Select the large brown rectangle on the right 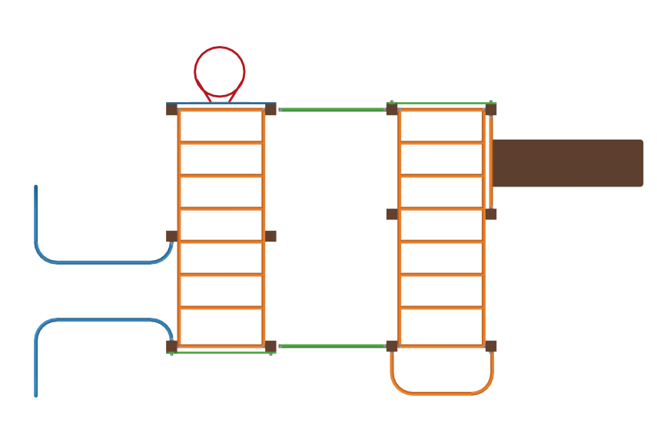(x=567, y=163)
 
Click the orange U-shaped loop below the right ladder (x=442, y=393)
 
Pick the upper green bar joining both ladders (x=333, y=110)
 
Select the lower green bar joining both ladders (x=333, y=346)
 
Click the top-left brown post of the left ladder (x=171, y=109)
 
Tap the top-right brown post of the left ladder (x=270, y=109)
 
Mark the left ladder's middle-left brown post (x=171, y=236)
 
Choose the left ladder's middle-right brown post (x=270, y=236)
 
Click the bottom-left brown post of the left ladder (x=171, y=346)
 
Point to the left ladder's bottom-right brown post (x=270, y=346)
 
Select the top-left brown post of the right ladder (x=392, y=109)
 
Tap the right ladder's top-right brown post (x=491, y=109)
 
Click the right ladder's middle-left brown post (x=392, y=214)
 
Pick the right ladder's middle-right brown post (x=491, y=214)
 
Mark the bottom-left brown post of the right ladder (x=392, y=346)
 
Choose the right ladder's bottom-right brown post (x=491, y=346)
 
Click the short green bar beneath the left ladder (x=221, y=353)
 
